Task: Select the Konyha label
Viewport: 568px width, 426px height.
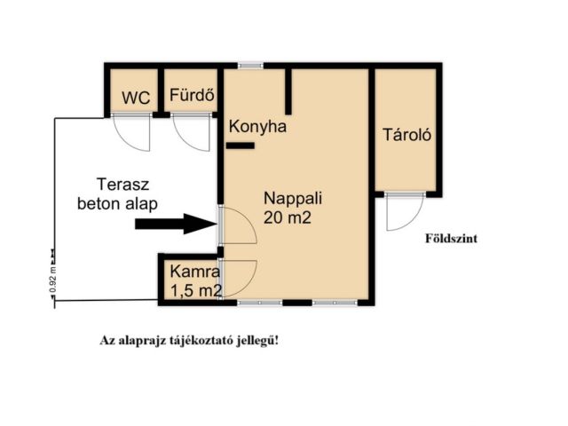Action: tap(257, 127)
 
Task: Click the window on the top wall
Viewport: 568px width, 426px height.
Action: tap(251, 65)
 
